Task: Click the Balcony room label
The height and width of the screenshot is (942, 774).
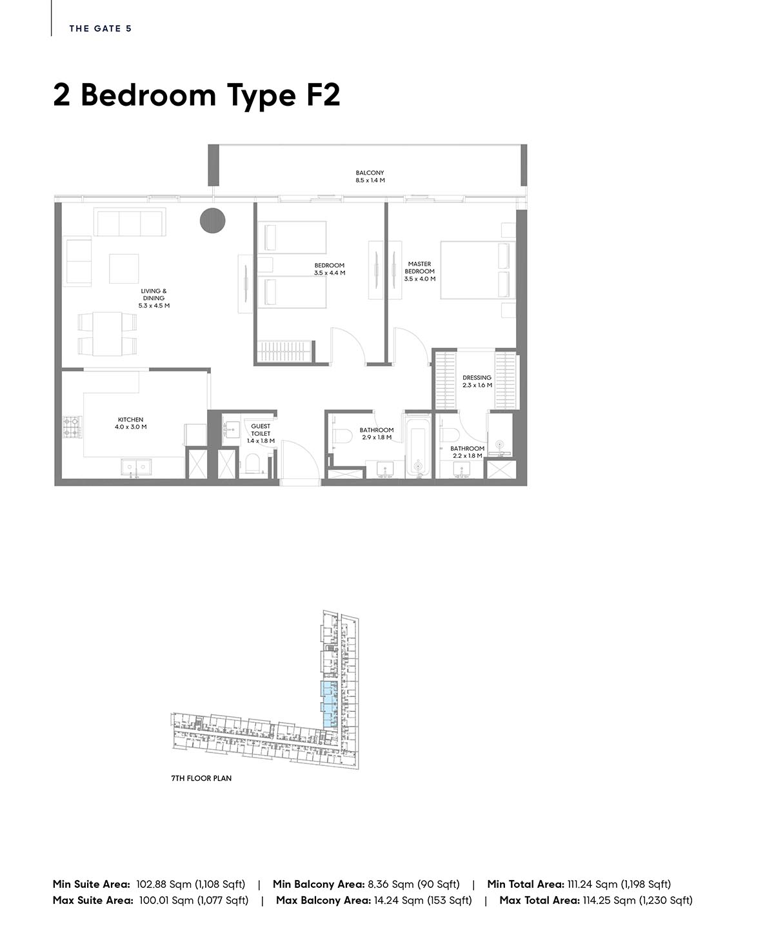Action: tap(370, 177)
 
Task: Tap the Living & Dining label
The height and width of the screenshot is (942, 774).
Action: tap(154, 298)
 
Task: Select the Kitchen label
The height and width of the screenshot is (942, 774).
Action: tap(130, 423)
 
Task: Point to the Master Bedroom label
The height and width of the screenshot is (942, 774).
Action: tap(420, 271)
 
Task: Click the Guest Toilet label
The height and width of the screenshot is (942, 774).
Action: tap(261, 433)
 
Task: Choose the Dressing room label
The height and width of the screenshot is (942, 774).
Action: tap(477, 381)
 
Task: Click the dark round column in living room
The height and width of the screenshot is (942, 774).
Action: tap(213, 221)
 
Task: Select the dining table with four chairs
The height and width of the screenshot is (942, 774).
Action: tap(107, 333)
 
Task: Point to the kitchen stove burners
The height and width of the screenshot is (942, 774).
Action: tap(72, 427)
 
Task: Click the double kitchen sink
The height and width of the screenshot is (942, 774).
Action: tap(136, 467)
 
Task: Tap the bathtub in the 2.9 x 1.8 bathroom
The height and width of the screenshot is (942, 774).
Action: tap(418, 451)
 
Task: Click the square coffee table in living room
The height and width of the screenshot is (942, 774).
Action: tap(124, 268)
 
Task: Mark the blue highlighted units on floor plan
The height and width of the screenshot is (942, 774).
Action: tap(330, 704)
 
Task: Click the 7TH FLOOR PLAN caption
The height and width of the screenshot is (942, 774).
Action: tap(201, 778)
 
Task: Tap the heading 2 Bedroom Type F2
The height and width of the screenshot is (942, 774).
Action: tap(197, 95)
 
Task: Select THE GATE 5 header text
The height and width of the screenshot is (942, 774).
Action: tap(101, 28)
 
